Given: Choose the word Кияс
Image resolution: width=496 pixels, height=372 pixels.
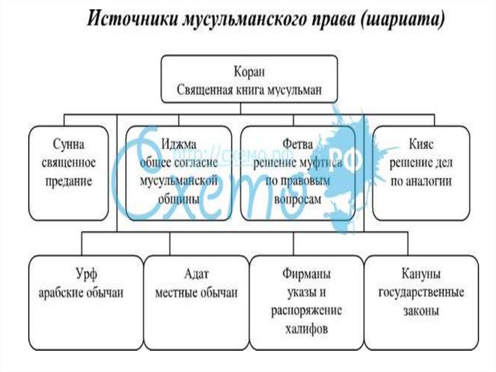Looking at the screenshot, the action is [x=420, y=145].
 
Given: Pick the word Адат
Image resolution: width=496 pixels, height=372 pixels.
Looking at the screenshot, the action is [x=196, y=275].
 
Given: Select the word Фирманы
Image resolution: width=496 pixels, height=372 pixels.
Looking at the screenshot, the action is [x=307, y=275].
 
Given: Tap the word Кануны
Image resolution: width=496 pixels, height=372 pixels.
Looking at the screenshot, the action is [x=421, y=275].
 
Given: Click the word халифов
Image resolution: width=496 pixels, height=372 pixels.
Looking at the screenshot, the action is [x=307, y=328].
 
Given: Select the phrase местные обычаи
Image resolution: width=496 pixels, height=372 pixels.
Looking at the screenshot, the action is [x=196, y=292].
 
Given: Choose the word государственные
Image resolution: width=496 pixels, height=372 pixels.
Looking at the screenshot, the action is [x=421, y=292].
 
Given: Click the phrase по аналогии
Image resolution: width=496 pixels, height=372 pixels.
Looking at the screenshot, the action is [x=420, y=181].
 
